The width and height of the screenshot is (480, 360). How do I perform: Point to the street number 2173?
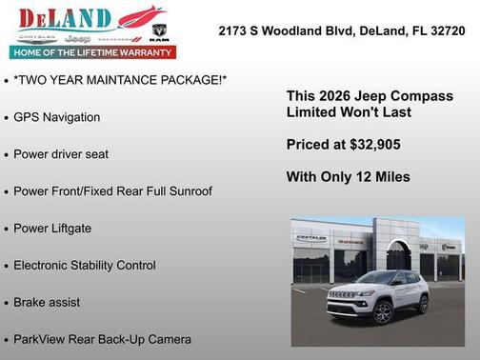pos(234,30)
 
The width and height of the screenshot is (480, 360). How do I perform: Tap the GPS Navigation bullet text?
pos(56,116)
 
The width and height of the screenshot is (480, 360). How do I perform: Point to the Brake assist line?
pos(47,302)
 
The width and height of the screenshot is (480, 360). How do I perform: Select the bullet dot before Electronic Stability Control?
pos(7,266)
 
